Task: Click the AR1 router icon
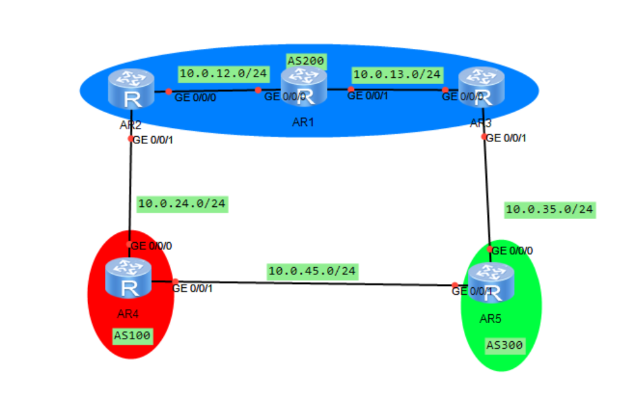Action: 304,87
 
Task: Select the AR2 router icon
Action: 131,91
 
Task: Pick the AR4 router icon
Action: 129,278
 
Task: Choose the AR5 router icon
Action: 492,283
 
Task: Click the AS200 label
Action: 306,62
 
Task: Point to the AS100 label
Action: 133,335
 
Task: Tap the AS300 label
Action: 504,346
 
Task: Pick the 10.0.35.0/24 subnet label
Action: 549,209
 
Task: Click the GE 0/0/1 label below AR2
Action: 152,139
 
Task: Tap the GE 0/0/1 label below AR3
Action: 506,137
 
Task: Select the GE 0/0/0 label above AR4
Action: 151,245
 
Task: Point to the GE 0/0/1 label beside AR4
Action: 192,288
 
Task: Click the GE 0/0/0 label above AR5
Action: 513,251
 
